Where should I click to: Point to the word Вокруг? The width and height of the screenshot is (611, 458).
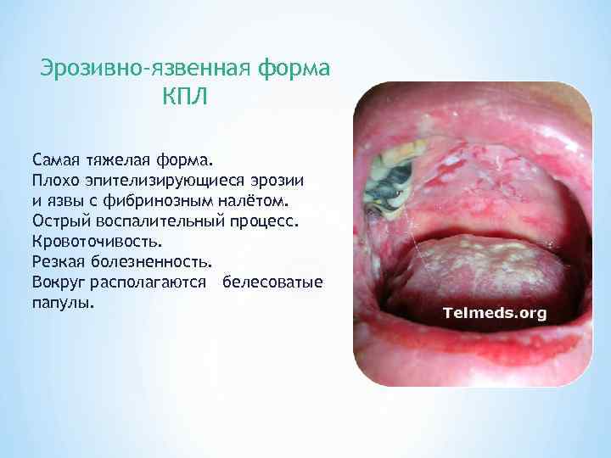click(59, 282)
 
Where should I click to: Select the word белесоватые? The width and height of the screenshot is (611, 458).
click(272, 282)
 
